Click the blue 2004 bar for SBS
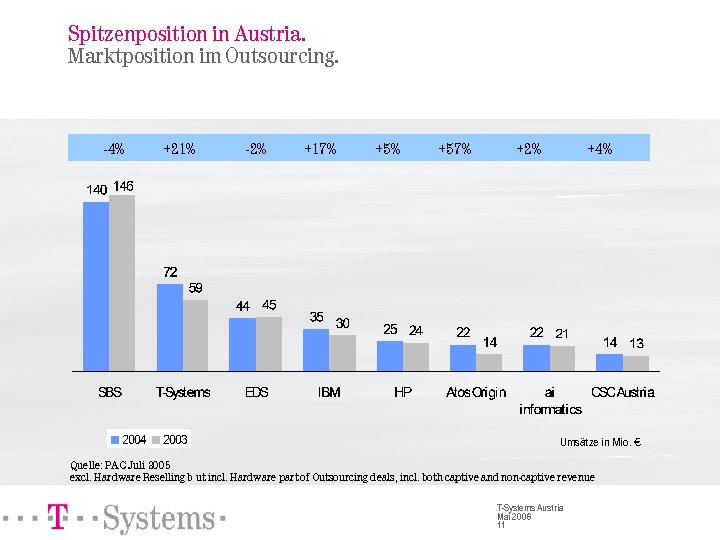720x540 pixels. pyautogui.click(x=96, y=286)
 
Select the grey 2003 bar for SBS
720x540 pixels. pyautogui.click(x=122, y=283)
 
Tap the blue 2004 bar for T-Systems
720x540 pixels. pyautogui.click(x=170, y=327)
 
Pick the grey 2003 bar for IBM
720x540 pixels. pyautogui.click(x=343, y=352)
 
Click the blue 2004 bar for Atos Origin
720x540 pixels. pyautogui.click(x=463, y=358)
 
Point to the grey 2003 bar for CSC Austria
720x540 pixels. pyautogui.click(x=636, y=363)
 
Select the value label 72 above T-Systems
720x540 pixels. pyautogui.click(x=171, y=272)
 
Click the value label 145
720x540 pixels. pyautogui.click(x=124, y=186)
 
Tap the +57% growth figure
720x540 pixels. pyautogui.click(x=455, y=149)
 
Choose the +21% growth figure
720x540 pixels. pyautogui.click(x=179, y=149)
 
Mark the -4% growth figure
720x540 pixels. pyautogui.click(x=114, y=149)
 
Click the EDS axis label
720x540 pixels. pyautogui.click(x=256, y=392)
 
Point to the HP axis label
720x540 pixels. pyautogui.click(x=403, y=392)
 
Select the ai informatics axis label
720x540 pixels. pyautogui.click(x=550, y=400)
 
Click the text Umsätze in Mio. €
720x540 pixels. pyautogui.click(x=601, y=442)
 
